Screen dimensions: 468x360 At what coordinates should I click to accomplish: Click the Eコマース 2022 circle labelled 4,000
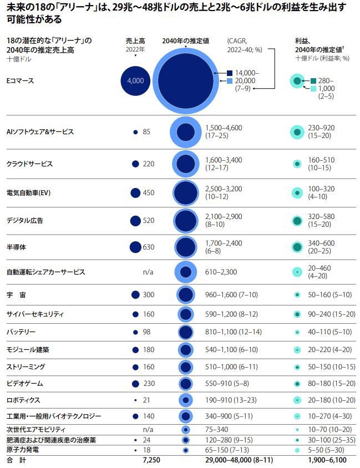[x=135, y=80]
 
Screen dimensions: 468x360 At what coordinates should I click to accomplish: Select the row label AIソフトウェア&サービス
[x=40, y=132]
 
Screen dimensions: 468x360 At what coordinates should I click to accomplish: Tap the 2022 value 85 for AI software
[x=146, y=132]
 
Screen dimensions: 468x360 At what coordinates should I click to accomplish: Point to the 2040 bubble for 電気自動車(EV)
[x=186, y=193]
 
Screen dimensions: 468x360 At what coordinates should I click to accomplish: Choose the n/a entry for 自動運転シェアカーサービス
[x=148, y=272]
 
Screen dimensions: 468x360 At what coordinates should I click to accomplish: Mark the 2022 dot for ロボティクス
[x=135, y=400]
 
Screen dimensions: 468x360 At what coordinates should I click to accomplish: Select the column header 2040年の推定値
[x=186, y=40]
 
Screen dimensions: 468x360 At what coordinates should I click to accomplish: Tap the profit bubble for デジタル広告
[x=297, y=220]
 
